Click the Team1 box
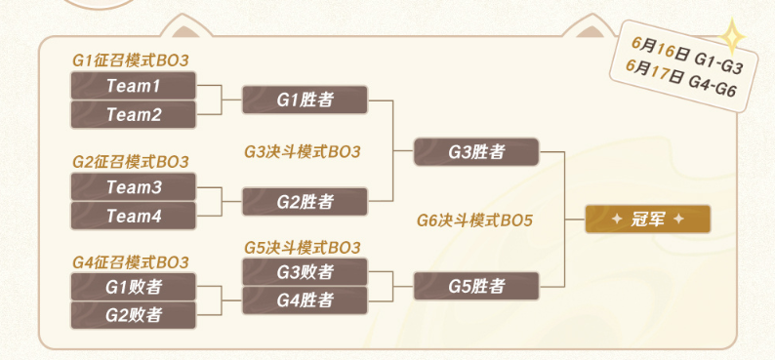coord(134,86)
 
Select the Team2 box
coord(134,114)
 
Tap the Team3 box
coord(134,186)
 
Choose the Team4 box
coord(134,216)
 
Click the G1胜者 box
coord(305,100)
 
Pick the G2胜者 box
coord(305,201)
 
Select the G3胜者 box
coord(476,151)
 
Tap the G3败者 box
coord(305,271)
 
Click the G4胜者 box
coord(305,300)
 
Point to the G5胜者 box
coord(476,286)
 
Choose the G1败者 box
coord(134,287)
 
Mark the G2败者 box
coord(134,315)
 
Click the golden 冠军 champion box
coord(647,219)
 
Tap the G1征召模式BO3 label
coord(131,60)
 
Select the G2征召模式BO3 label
coord(131,161)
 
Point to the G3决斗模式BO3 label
coord(303,151)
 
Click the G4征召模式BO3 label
coord(131,262)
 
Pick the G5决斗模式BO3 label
coord(303,247)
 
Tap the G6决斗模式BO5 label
coord(474,220)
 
